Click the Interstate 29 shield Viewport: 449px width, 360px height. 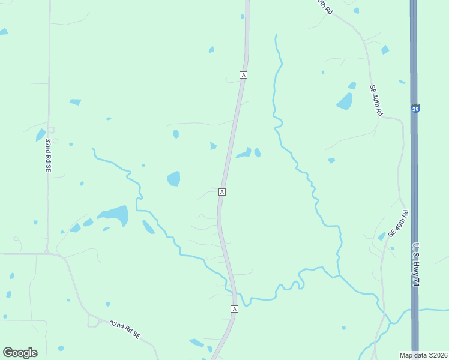coord(415,109)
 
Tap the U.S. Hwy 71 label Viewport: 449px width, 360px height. coord(415,264)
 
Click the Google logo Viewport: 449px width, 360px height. coord(20,352)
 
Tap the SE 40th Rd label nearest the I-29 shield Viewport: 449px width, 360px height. coord(376,100)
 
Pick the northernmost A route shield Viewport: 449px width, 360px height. coord(243,74)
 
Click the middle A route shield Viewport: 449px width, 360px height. coord(222,191)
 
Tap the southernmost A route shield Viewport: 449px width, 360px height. coord(234,308)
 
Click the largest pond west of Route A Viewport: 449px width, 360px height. coord(115,215)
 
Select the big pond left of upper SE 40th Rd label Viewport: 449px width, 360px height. coord(345,101)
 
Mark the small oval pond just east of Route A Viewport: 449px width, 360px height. coord(258,152)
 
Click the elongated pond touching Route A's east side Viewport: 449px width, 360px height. coord(244,154)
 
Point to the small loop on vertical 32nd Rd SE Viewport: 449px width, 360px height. coord(51,130)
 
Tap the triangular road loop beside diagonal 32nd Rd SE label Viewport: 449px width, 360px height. coord(94,322)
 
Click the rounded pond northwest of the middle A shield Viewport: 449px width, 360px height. coord(173,178)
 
